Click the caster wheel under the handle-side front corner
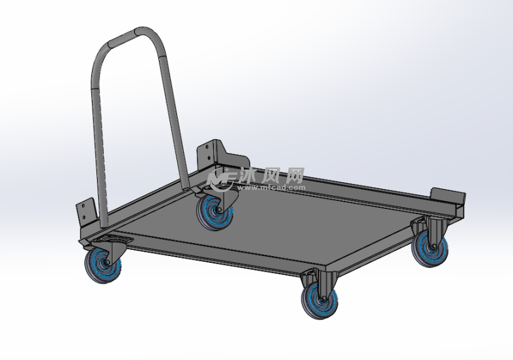tap(103, 265)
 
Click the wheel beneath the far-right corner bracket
tap(430, 247)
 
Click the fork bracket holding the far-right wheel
tap(435, 228)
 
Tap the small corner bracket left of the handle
tap(86, 212)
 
